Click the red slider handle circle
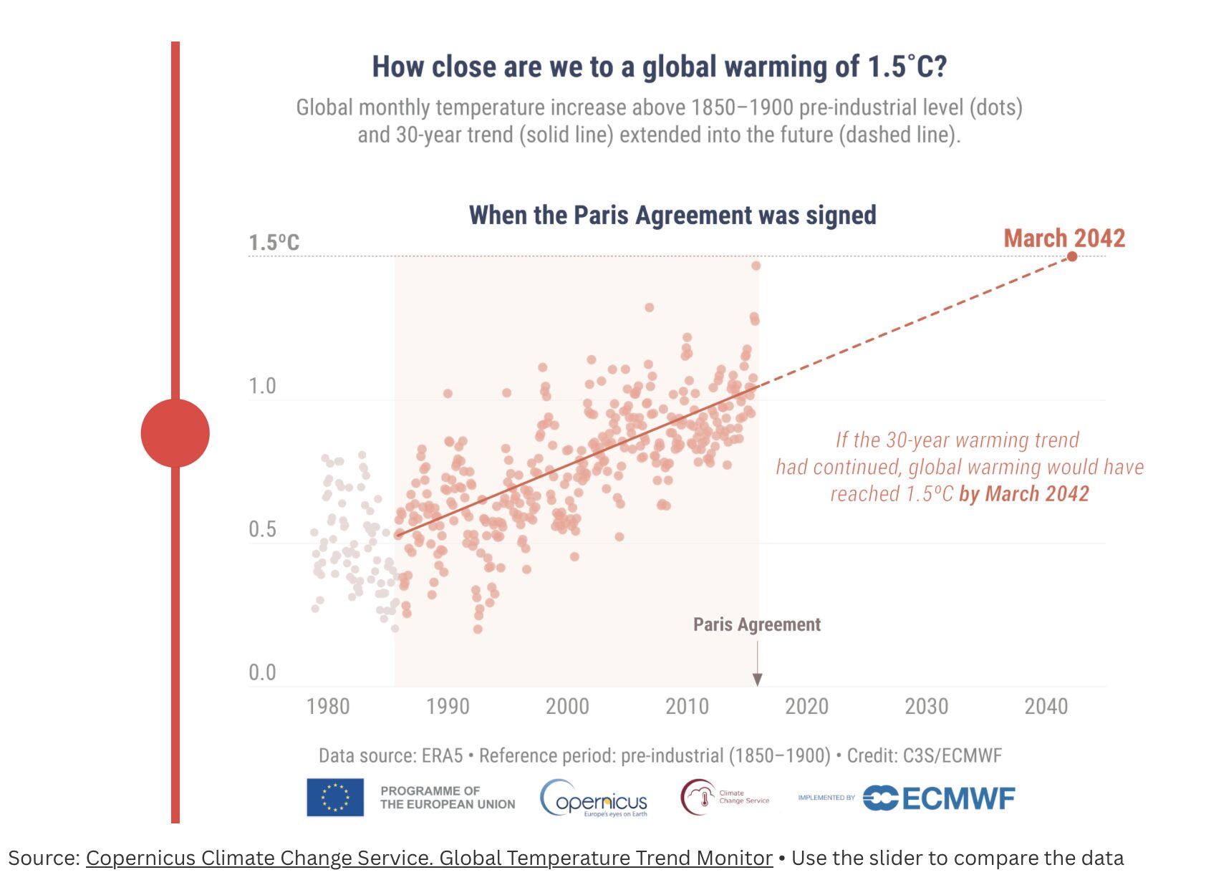point(175,433)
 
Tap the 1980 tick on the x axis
point(328,707)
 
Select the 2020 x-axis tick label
point(806,707)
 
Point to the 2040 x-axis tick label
point(1046,707)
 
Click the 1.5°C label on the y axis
point(274,243)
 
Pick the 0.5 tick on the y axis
point(262,529)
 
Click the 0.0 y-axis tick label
point(262,672)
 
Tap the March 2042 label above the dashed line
point(1064,238)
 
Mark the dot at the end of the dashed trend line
point(1072,256)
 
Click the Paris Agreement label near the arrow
point(756,624)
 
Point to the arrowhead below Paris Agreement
point(757,680)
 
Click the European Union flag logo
point(335,798)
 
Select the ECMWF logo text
point(958,798)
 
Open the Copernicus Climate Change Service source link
point(429,858)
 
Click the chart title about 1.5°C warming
point(659,67)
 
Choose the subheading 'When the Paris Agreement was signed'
point(672,215)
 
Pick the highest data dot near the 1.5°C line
point(756,266)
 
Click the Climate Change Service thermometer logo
point(699,798)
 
